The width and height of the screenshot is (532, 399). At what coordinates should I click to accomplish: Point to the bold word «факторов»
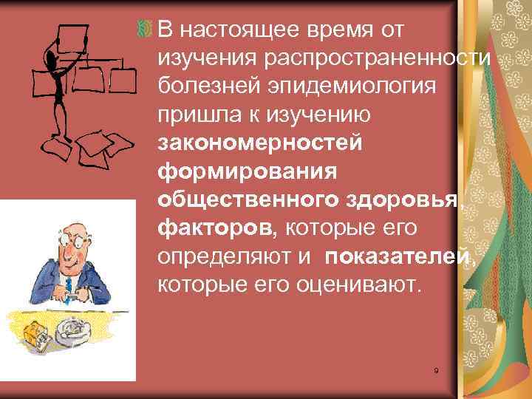pos(215,228)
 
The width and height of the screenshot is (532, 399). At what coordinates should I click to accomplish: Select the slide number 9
pos(437,370)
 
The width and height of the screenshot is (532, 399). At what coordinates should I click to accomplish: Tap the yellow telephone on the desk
pos(31,332)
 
